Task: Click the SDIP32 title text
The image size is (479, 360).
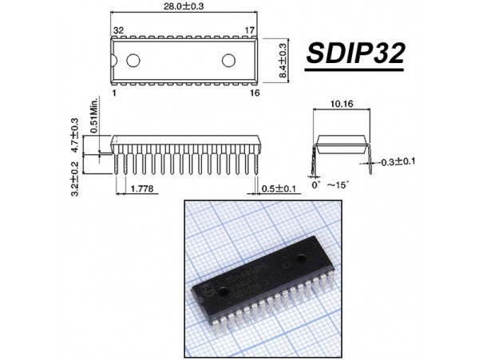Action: coord(356,55)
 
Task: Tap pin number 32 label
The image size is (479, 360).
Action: coord(118,30)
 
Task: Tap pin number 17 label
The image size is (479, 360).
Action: coord(249,30)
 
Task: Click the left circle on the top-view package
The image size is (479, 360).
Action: coord(133,60)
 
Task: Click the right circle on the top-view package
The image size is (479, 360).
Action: coord(229,60)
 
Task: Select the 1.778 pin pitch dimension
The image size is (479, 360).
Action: coord(141,188)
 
